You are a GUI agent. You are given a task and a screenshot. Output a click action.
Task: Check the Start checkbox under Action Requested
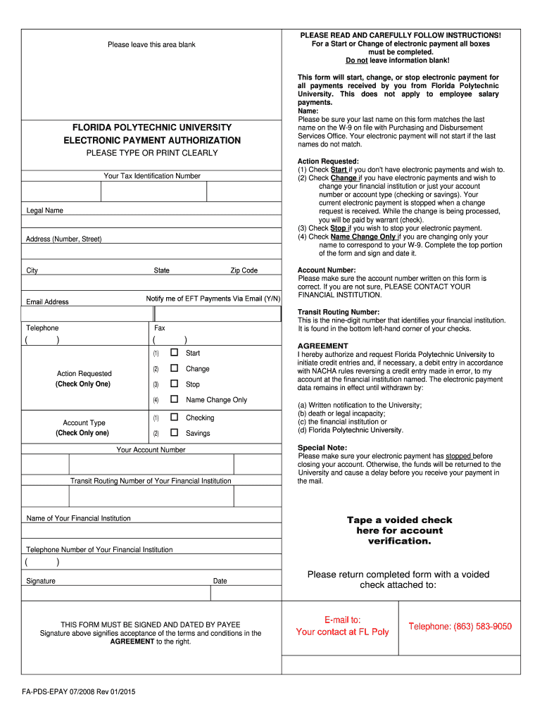[174, 353]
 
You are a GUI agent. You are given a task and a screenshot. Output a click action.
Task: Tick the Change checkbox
[174, 368]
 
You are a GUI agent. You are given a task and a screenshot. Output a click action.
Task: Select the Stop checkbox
[174, 384]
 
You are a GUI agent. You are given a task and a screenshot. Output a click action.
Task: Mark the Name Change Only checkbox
[174, 399]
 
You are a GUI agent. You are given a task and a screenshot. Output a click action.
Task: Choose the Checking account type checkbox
[174, 418]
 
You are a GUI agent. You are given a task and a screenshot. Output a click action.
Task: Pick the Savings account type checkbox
[174, 433]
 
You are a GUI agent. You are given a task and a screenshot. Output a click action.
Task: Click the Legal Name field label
[44, 211]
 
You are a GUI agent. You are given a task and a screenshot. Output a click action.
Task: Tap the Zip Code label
[244, 270]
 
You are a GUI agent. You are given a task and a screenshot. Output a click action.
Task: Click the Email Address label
[47, 302]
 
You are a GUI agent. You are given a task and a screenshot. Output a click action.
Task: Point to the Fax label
[160, 328]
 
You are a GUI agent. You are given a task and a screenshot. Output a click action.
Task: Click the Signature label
[41, 581]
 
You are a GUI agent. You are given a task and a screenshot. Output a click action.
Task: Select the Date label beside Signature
[220, 581]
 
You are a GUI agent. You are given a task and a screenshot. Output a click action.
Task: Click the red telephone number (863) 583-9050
[460, 627]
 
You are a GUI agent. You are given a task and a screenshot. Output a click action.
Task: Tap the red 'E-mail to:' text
[342, 620]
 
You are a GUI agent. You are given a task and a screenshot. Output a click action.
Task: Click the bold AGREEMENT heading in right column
[322, 346]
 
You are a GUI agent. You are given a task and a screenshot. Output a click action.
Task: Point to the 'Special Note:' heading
[322, 447]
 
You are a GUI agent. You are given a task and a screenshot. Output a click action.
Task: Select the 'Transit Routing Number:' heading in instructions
[339, 312]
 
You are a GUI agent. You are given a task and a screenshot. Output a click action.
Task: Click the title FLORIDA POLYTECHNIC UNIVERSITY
[151, 127]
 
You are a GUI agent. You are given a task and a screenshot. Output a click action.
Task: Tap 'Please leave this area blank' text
[151, 45]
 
